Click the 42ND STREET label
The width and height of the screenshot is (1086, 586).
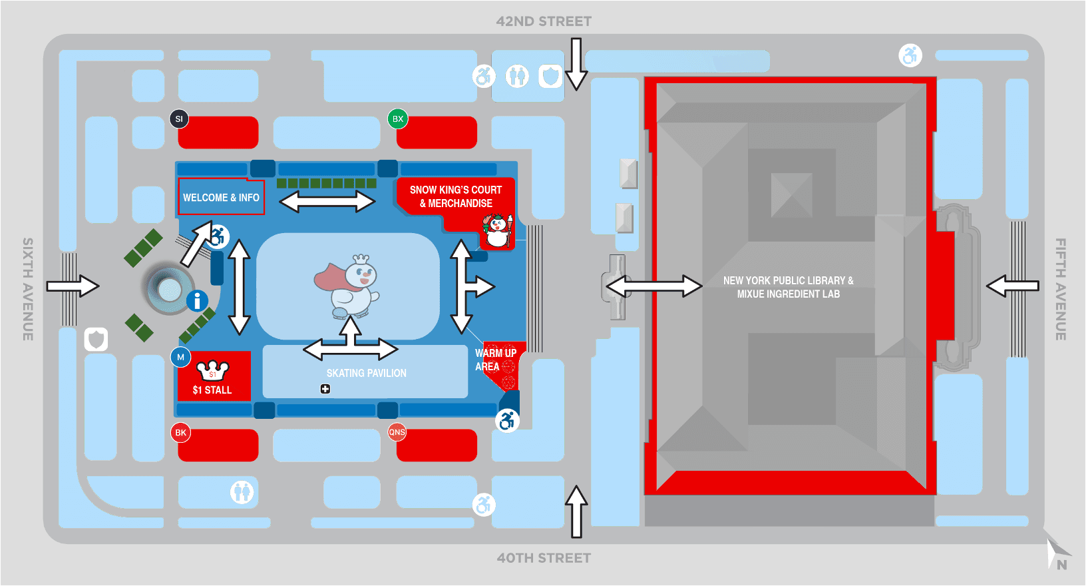click(544, 21)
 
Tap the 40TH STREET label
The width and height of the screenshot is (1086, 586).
click(544, 558)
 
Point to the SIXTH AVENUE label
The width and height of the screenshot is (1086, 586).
click(28, 289)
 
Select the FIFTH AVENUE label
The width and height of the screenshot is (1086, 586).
click(1061, 289)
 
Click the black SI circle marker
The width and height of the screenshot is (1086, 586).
click(179, 119)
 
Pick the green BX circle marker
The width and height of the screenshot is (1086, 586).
click(398, 119)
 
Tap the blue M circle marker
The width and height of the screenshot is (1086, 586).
click(180, 358)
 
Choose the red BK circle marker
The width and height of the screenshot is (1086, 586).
click(180, 433)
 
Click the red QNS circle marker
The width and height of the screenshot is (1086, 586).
click(397, 432)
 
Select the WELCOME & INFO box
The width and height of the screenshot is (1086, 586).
click(221, 198)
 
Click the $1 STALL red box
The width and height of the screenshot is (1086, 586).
click(214, 376)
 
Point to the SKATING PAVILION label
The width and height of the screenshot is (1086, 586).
click(366, 374)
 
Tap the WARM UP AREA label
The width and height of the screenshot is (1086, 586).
click(495, 360)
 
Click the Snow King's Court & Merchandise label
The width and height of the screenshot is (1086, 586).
click(456, 196)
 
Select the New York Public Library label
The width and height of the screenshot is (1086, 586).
click(789, 287)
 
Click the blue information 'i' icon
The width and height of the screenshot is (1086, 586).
click(197, 301)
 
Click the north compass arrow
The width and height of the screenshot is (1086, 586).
click(1056, 553)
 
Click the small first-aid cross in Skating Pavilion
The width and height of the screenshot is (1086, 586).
click(325, 389)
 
